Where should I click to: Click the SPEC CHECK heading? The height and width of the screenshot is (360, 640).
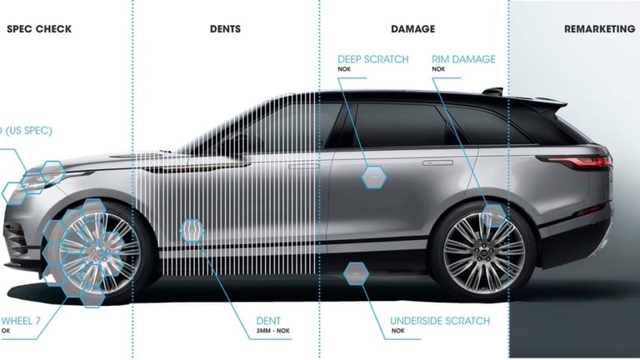coord(39,29)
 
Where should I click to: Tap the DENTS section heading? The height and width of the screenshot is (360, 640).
coord(225,29)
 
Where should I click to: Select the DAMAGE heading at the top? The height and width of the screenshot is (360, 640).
coord(412,29)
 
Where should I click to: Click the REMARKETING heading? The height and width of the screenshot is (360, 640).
coord(599,29)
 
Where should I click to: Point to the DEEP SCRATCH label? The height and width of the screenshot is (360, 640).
coord(372,60)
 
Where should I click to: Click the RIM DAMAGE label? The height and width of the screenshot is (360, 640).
coord(463,60)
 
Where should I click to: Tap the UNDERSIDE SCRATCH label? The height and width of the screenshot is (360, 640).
coord(440,321)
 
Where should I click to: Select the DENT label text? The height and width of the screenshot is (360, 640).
coord(269,321)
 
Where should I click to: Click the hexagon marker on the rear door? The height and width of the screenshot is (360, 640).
coord(373,176)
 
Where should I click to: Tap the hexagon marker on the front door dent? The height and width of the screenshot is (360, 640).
coord(192,231)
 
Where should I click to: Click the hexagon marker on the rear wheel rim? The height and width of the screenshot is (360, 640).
coord(493,215)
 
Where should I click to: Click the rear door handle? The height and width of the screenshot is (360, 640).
coord(437,162)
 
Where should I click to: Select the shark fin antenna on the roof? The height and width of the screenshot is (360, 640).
coord(493,91)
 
